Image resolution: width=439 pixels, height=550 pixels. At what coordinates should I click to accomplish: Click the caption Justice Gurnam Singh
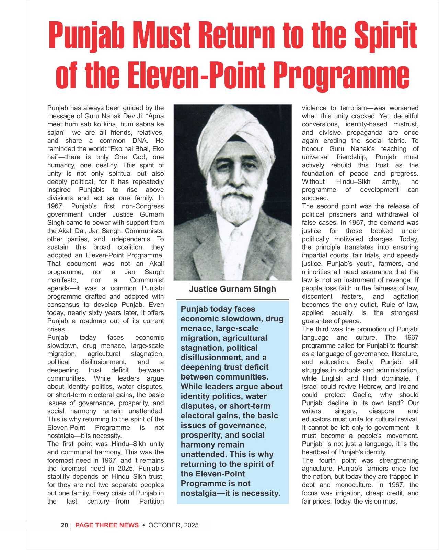(232, 289)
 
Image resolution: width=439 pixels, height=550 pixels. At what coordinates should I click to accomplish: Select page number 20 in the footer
(64, 525)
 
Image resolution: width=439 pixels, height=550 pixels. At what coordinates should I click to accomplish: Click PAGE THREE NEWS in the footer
(107, 525)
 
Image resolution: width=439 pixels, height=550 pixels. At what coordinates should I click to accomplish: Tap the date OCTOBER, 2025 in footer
(173, 525)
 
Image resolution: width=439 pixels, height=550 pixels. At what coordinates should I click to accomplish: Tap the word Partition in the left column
(151, 502)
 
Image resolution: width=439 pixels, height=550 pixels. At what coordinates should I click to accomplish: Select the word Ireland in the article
(409, 386)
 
